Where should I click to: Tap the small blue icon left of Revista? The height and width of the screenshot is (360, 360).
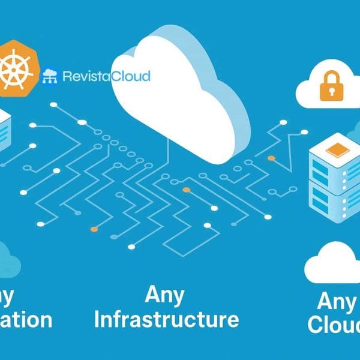[x=50, y=76]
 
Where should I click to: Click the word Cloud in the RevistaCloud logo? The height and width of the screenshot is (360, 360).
[x=131, y=76]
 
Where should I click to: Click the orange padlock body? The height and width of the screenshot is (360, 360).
[x=328, y=90]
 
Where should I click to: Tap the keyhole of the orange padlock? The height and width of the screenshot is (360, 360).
[x=328, y=90]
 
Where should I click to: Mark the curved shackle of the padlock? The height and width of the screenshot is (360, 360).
[x=328, y=77]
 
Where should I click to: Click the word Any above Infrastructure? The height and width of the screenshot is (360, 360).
[x=164, y=295]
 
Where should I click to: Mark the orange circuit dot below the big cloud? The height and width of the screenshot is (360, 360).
[x=187, y=190]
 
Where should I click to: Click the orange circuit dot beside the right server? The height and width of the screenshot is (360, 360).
[x=272, y=158]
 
